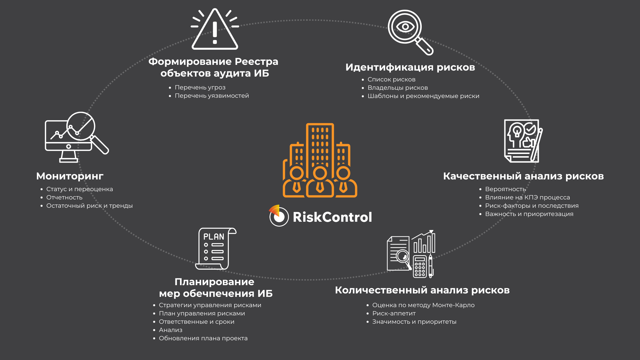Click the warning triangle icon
coord(215,30)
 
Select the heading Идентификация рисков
coord(410,67)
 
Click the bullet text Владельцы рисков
coord(397,88)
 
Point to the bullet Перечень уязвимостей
coord(212,96)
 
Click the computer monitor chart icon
coord(69,137)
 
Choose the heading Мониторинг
coord(70,176)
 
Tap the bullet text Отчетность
coord(64,197)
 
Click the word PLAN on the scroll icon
coord(214,237)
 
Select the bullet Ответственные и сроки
coord(197,322)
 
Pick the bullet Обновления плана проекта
coord(203,338)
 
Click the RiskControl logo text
coord(332,217)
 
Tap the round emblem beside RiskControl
coord(279,216)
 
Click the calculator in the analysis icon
coord(420,267)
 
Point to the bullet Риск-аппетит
coord(394,313)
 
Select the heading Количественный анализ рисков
coord(422,290)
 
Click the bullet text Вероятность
coord(505,189)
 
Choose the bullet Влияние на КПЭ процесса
coord(527,197)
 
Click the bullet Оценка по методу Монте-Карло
coord(423,305)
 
